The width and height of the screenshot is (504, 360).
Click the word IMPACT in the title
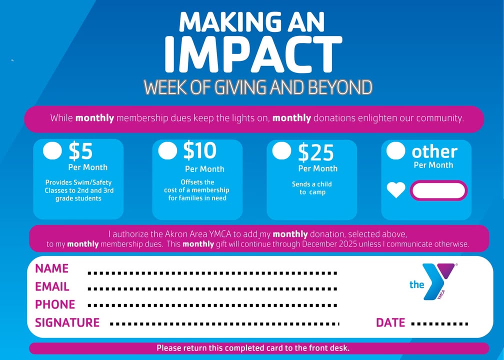[253, 54]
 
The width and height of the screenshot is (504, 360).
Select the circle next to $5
[52, 151]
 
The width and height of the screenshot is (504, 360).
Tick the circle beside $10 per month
[167, 151]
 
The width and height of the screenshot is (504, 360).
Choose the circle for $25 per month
[281, 150]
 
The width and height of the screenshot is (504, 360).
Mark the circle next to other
[395, 151]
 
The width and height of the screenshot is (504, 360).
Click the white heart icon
[396, 190]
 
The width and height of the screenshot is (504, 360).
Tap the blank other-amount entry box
[439, 190]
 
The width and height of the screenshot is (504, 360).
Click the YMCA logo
[432, 281]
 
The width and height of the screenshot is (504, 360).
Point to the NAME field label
[52, 268]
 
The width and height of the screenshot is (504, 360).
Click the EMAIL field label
[52, 286]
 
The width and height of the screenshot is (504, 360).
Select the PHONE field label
[55, 304]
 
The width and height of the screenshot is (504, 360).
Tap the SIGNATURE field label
[67, 322]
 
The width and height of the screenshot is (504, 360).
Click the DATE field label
[390, 322]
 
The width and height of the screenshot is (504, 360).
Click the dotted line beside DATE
[439, 324]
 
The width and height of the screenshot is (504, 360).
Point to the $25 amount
[315, 152]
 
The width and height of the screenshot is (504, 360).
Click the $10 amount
[200, 150]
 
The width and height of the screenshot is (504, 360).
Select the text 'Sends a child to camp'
[312, 188]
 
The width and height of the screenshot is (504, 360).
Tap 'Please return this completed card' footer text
[253, 348]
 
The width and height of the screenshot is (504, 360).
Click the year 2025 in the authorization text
[348, 244]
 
